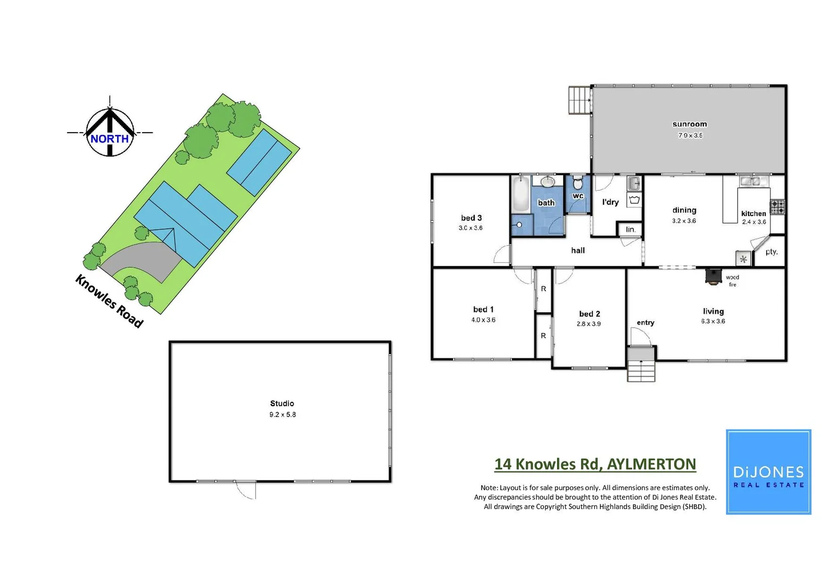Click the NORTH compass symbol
pos(110,132)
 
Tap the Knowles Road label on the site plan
pos(109,301)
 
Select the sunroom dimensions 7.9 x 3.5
pos(690,135)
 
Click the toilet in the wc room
pos(578,183)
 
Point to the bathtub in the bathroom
pos(521,194)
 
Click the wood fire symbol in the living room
pos(713,276)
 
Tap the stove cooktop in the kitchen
pos(778,207)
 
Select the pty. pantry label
pos(771,252)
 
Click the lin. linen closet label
pos(630,230)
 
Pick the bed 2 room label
pos(589,314)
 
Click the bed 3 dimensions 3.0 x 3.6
pos(470,228)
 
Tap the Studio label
pos(282,404)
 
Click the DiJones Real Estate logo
pos(768,472)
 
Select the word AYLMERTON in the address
pos(651,464)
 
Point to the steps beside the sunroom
pos(578,100)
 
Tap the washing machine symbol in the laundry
pos(634,200)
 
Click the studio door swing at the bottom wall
pos(246,490)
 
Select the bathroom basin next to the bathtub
pos(548,181)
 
